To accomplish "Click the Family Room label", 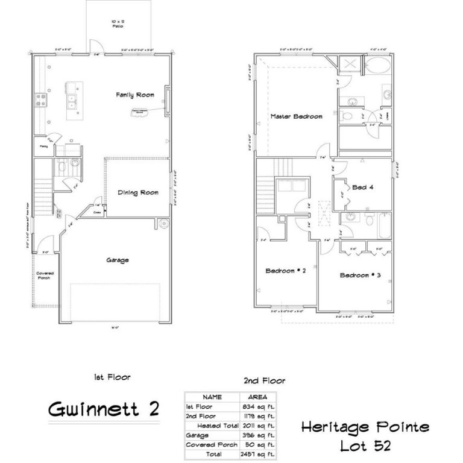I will click(136, 95).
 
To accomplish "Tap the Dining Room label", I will click(139, 192).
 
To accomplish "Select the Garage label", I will click(118, 260).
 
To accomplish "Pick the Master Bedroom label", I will click(296, 116).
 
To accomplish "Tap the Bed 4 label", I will click(364, 187).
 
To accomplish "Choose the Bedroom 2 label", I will click(286, 271).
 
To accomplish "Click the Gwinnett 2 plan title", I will click(103, 409).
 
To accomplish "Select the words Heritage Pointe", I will click(365, 427).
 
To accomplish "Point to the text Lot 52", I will click(365, 446).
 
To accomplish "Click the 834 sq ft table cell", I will click(258, 408).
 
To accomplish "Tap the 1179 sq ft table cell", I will click(258, 417).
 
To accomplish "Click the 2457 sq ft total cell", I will click(258, 453).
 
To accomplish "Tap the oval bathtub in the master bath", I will click(379, 67).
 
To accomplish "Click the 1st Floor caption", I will click(112, 377).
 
